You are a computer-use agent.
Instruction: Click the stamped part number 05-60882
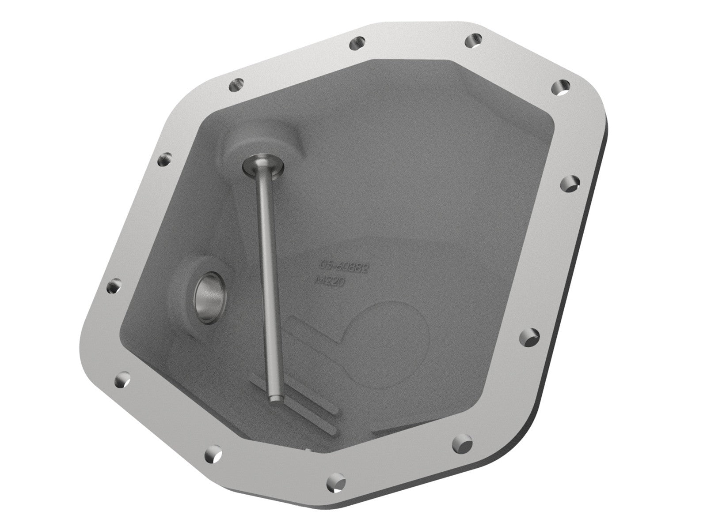point(345,267)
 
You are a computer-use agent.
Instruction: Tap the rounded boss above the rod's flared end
point(265,141)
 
